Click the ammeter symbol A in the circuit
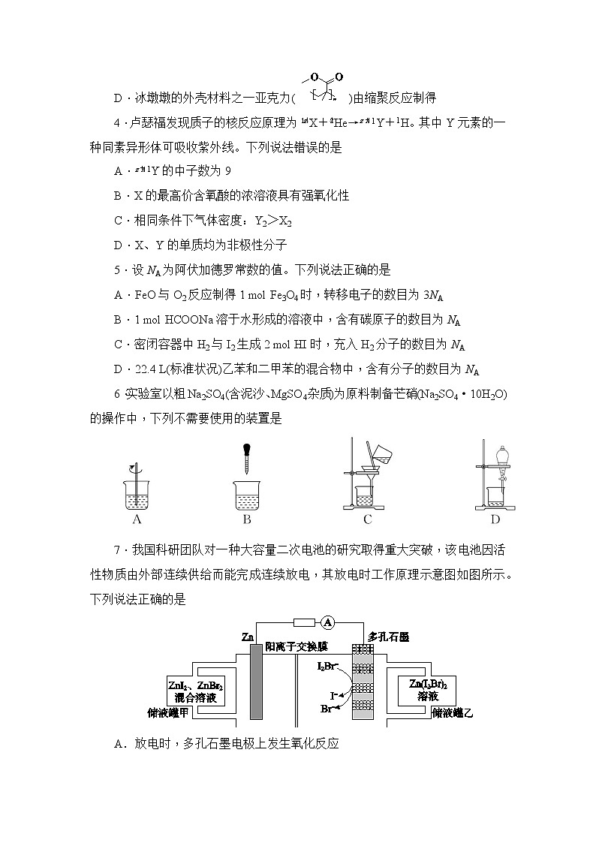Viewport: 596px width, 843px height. pyautogui.click(x=327, y=622)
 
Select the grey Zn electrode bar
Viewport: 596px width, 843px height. pyautogui.click(x=254, y=682)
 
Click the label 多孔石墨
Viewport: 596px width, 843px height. pyautogui.click(x=387, y=637)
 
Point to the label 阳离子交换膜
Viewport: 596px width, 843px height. pyautogui.click(x=296, y=646)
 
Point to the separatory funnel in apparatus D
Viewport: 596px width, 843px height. pyautogui.click(x=495, y=456)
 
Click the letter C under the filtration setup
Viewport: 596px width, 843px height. pyautogui.click(x=367, y=519)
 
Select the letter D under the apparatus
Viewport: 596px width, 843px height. pyautogui.click(x=495, y=519)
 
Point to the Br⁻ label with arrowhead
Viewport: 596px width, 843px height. pyautogui.click(x=328, y=708)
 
